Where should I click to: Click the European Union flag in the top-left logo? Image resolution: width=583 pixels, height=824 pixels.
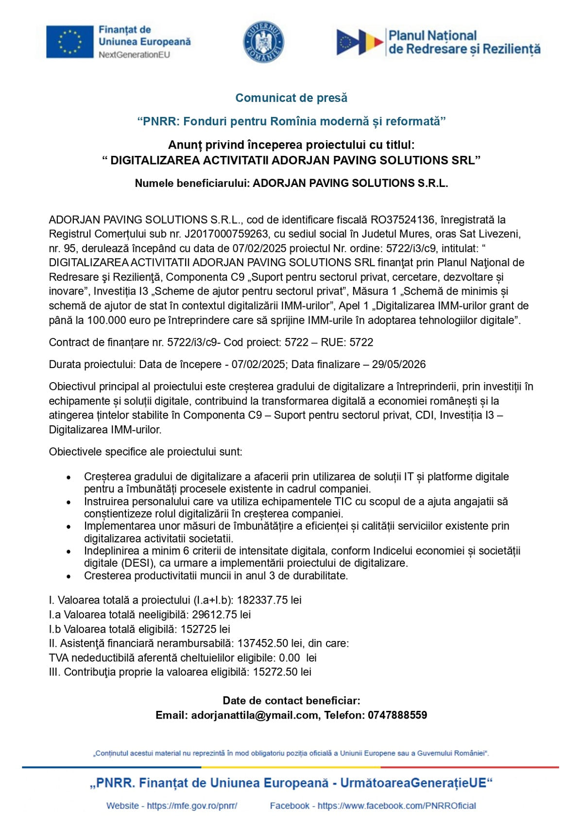(x=69, y=42)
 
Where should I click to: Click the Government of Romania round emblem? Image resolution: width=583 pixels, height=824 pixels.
(x=264, y=42)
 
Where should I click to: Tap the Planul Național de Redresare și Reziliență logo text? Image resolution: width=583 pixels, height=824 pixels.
(x=464, y=42)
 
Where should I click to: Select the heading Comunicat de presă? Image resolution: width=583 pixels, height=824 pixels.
(x=291, y=98)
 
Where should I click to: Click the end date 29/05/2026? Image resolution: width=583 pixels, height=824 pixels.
(x=399, y=365)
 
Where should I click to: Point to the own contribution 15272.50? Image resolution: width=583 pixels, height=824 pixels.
(x=275, y=673)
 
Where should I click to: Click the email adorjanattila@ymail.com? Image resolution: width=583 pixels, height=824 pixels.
(x=255, y=715)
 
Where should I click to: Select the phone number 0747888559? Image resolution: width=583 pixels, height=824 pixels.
(x=397, y=715)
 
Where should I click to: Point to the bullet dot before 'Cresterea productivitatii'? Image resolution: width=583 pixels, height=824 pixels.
(x=69, y=576)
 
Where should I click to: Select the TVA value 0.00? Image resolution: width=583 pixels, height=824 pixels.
(x=290, y=658)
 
